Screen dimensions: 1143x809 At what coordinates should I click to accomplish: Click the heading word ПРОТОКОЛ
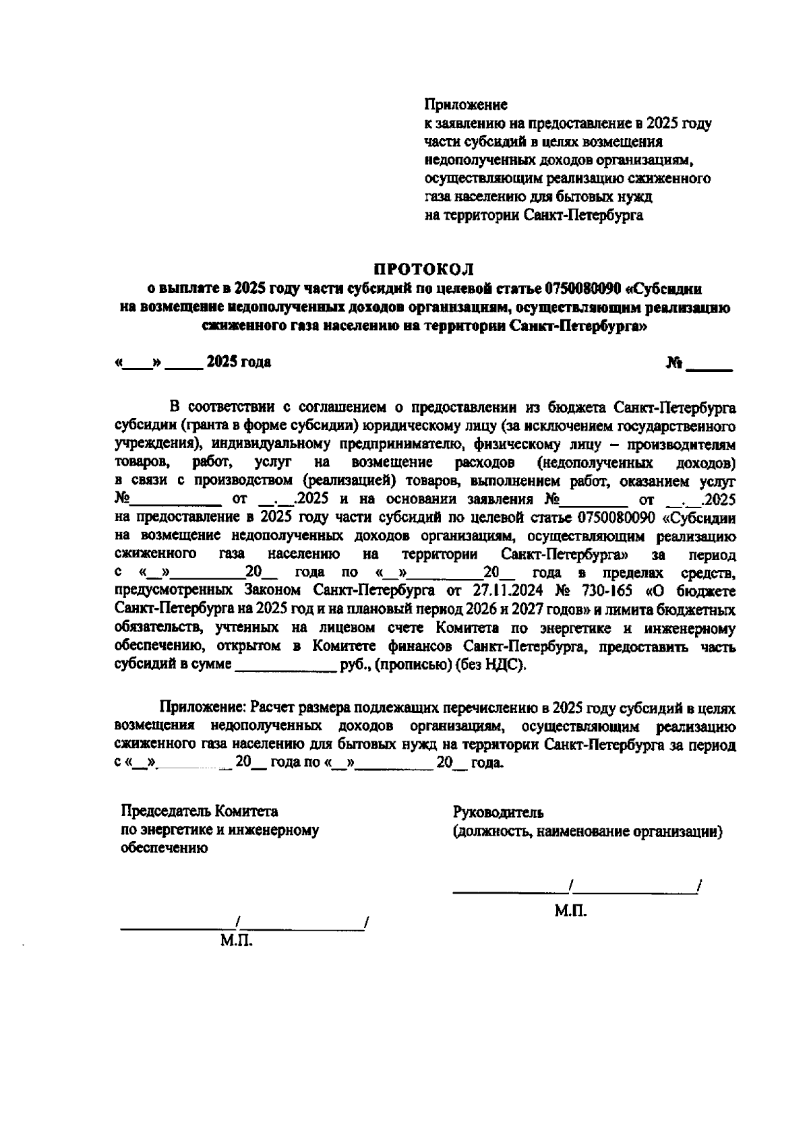coord(425,270)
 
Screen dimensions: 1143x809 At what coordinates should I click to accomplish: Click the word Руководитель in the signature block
coord(499,812)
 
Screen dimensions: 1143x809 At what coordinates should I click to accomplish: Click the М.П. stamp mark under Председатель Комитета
coord(236,940)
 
